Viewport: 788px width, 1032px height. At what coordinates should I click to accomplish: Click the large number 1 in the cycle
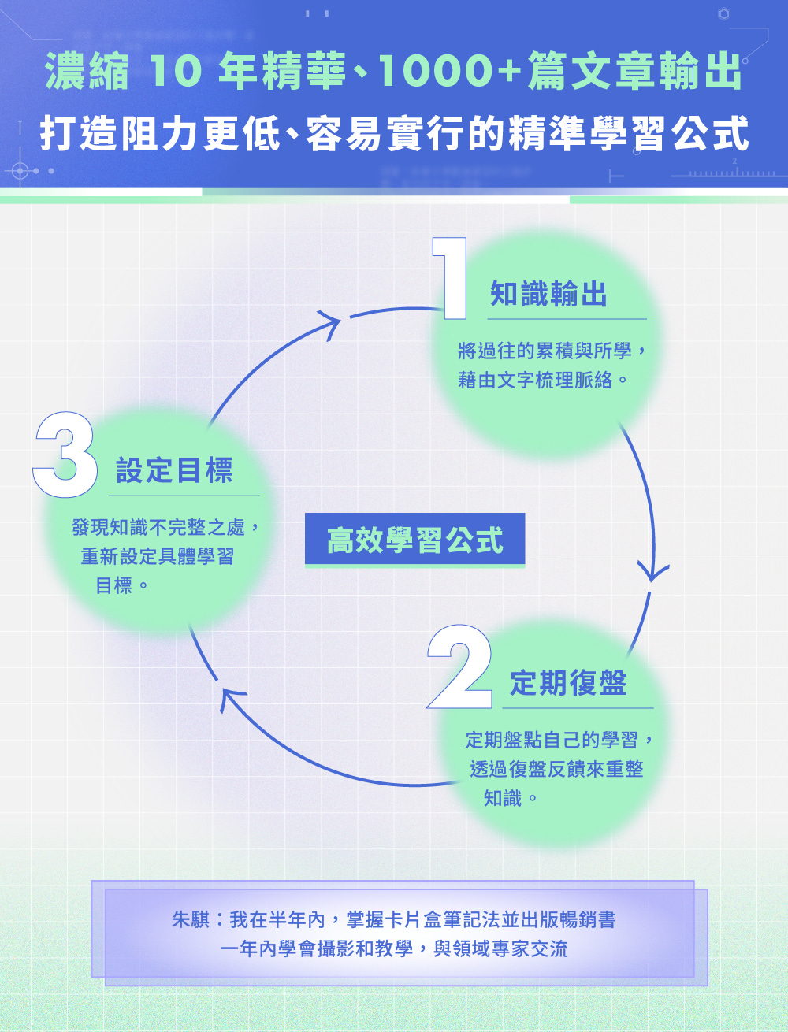click(x=450, y=279)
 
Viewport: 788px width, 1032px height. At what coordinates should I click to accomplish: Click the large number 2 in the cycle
click(x=459, y=668)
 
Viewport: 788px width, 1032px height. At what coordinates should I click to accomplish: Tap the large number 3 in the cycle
click(x=65, y=455)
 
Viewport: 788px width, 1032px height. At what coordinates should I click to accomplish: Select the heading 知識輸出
click(x=548, y=295)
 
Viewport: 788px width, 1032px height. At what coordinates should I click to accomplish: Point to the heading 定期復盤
click(x=568, y=683)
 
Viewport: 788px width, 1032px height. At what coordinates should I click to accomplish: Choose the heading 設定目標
click(x=174, y=471)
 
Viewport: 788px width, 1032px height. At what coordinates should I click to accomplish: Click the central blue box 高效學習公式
click(x=414, y=540)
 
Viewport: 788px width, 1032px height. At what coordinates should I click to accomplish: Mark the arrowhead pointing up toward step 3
click(x=231, y=697)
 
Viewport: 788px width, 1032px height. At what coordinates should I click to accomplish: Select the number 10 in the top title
click(x=176, y=71)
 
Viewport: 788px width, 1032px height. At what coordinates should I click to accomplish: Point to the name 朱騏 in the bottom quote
click(x=190, y=919)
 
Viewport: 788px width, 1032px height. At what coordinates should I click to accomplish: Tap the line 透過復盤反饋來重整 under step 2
click(x=556, y=769)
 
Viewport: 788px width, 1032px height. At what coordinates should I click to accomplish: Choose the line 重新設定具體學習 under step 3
click(x=158, y=556)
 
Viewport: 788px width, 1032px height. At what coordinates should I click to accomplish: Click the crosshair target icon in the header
click(x=21, y=171)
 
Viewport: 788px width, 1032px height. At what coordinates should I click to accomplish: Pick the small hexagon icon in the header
click(x=723, y=13)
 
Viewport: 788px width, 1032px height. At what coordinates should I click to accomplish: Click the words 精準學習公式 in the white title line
click(x=629, y=134)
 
